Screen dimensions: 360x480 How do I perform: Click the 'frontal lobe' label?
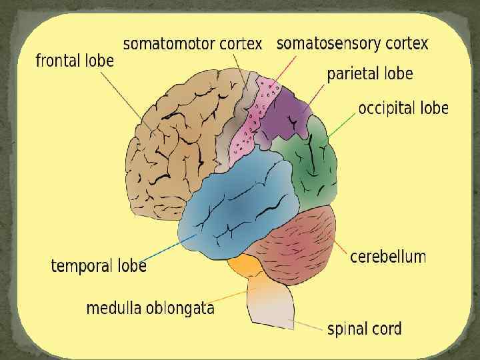point(74,61)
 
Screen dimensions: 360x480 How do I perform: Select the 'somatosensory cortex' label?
point(352,44)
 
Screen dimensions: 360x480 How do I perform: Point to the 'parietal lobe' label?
point(369,73)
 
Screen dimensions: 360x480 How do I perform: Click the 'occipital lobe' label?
point(403,108)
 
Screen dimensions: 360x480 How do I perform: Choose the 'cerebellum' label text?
point(387,257)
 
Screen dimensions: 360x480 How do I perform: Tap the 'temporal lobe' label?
point(98,266)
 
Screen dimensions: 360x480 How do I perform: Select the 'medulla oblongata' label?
point(150,308)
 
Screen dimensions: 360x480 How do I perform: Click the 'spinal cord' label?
point(364,329)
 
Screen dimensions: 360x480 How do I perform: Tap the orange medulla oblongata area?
point(244,266)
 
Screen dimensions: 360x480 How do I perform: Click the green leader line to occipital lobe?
point(342,125)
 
